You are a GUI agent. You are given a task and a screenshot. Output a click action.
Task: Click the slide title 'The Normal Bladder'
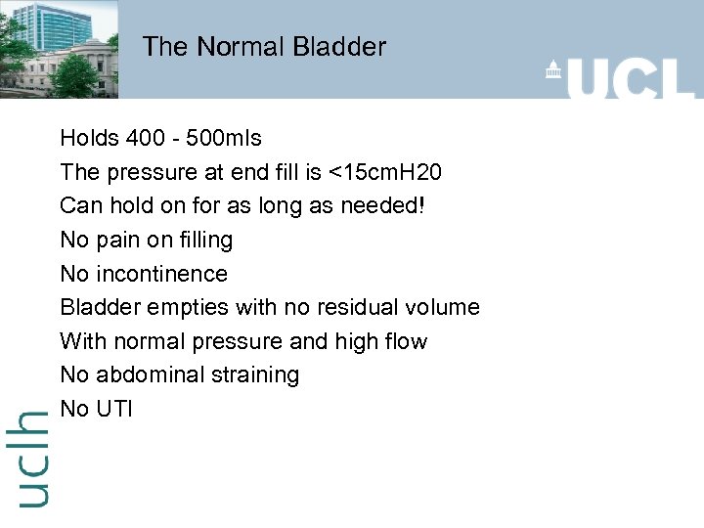coord(264,46)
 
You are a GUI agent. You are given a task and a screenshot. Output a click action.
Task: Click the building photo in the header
coord(59,49)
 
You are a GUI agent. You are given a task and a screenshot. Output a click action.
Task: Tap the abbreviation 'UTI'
coord(114,409)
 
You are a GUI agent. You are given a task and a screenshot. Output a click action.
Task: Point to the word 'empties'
coord(187,308)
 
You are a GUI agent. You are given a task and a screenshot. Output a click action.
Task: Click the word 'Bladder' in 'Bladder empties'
coord(100,307)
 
